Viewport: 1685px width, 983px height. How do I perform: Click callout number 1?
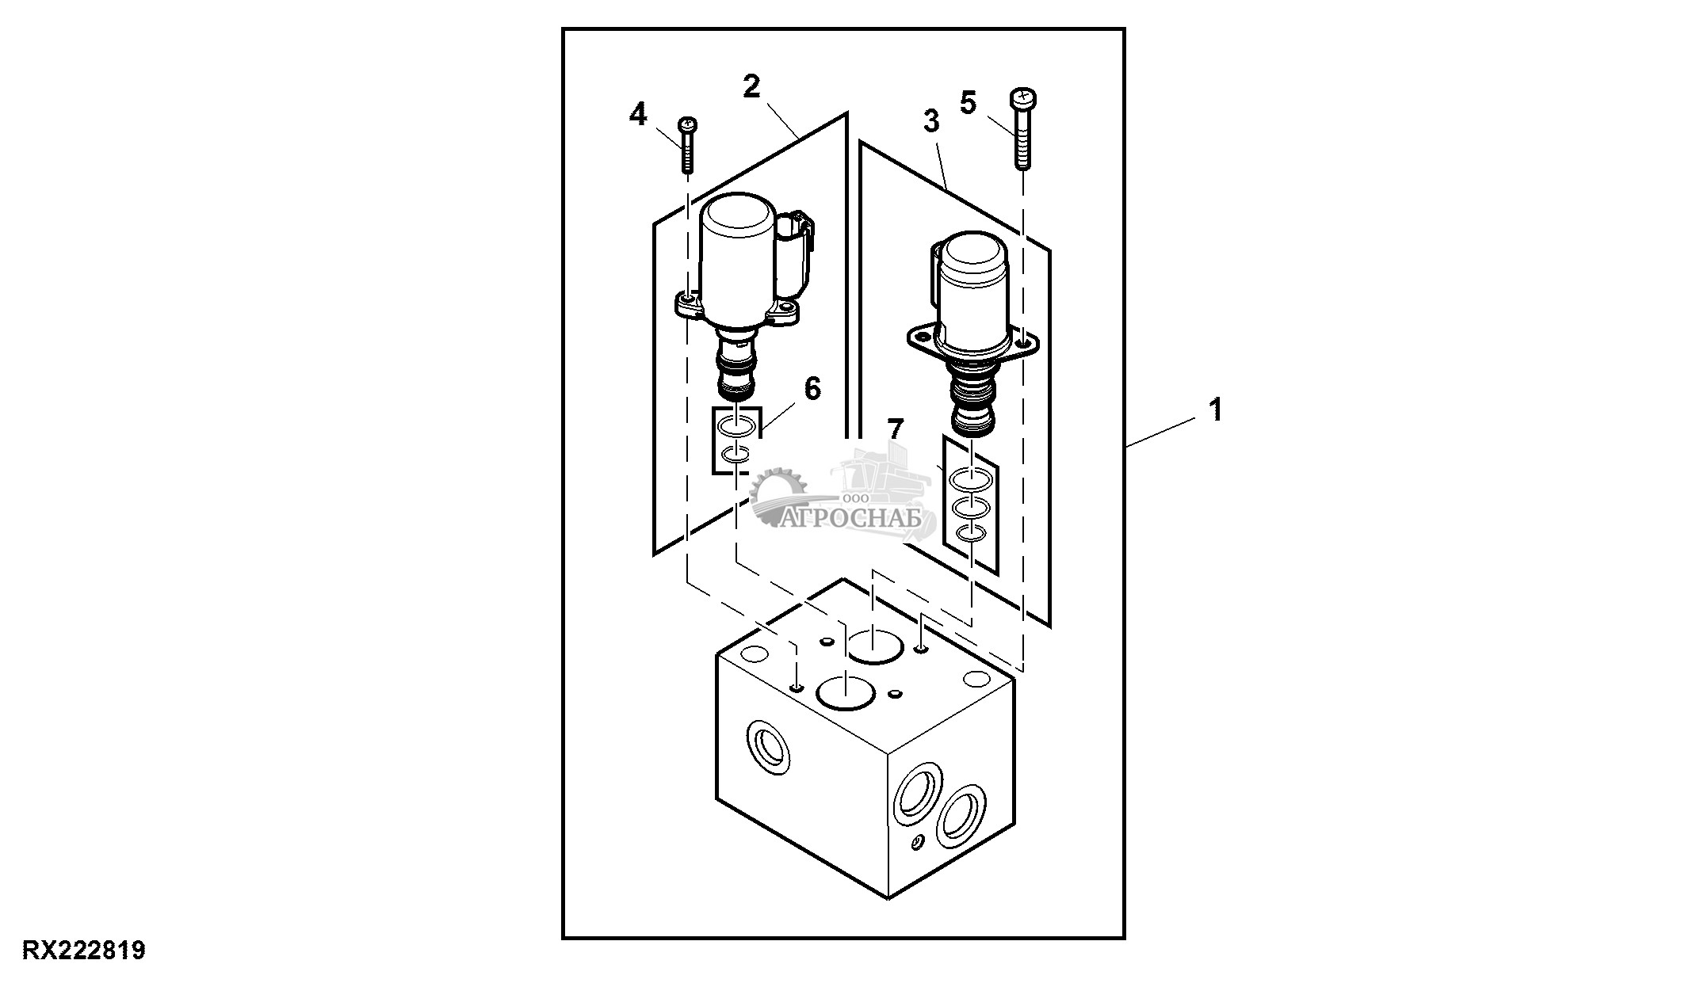coord(1214,410)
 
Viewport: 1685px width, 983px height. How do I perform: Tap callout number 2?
coord(751,86)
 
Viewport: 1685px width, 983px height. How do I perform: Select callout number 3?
coord(930,122)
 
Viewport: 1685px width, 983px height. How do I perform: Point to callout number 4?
coord(637,116)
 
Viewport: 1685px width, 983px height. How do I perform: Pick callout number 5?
coord(968,103)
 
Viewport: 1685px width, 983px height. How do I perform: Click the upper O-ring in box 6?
coord(181,429)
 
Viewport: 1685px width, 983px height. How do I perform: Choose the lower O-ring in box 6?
coord(181,455)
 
